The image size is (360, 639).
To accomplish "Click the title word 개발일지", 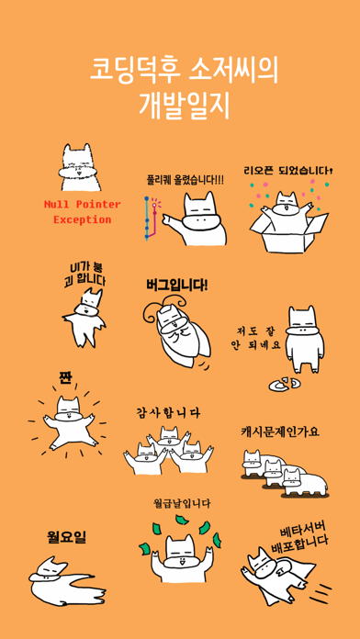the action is tap(185, 105).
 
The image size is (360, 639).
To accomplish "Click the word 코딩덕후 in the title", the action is tap(135, 71).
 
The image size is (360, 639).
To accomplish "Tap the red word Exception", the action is tap(83, 219).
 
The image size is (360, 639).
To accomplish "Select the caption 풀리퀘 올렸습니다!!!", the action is tap(186, 180).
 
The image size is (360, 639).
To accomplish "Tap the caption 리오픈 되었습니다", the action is tap(287, 171).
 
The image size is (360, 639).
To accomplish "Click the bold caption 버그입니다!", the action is tap(176, 285).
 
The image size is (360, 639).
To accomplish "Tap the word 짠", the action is tap(64, 377).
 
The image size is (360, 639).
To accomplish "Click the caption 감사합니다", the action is tap(168, 413).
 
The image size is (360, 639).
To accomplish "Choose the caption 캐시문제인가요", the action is tap(280, 432).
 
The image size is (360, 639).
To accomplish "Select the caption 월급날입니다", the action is tap(182, 504).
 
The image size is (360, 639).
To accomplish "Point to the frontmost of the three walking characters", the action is tap(305, 483).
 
